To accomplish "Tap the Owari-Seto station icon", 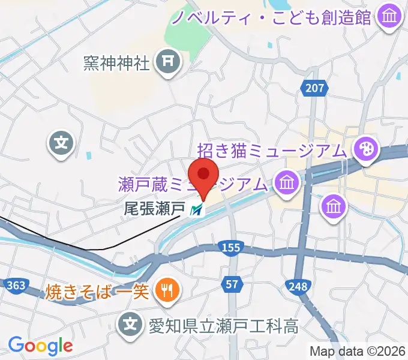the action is (196, 210).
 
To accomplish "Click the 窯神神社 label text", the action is (117, 62).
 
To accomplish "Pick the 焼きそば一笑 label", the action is (96, 292).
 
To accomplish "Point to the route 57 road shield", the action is (234, 283).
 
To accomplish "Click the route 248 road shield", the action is (298, 287).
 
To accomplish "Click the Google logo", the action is (40, 346).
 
